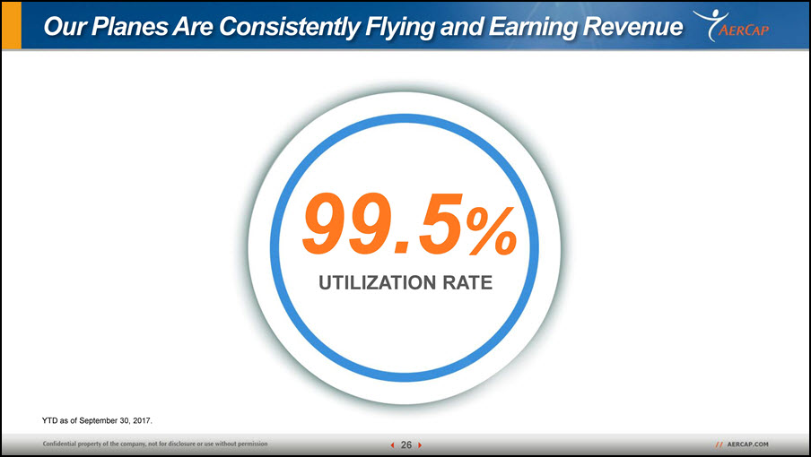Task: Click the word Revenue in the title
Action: click(x=632, y=27)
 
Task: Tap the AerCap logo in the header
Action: click(x=731, y=26)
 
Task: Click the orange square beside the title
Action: click(x=12, y=25)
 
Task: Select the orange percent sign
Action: click(x=492, y=231)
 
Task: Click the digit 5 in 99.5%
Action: click(x=440, y=223)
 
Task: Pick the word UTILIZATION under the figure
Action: click(x=377, y=283)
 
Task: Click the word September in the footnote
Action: click(x=99, y=421)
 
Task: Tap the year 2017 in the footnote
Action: click(x=143, y=421)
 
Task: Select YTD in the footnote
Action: click(x=49, y=421)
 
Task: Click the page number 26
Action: click(x=406, y=444)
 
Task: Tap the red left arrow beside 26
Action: click(x=393, y=445)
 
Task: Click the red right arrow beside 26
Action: click(x=420, y=445)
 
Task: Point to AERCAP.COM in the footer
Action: click(x=747, y=444)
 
